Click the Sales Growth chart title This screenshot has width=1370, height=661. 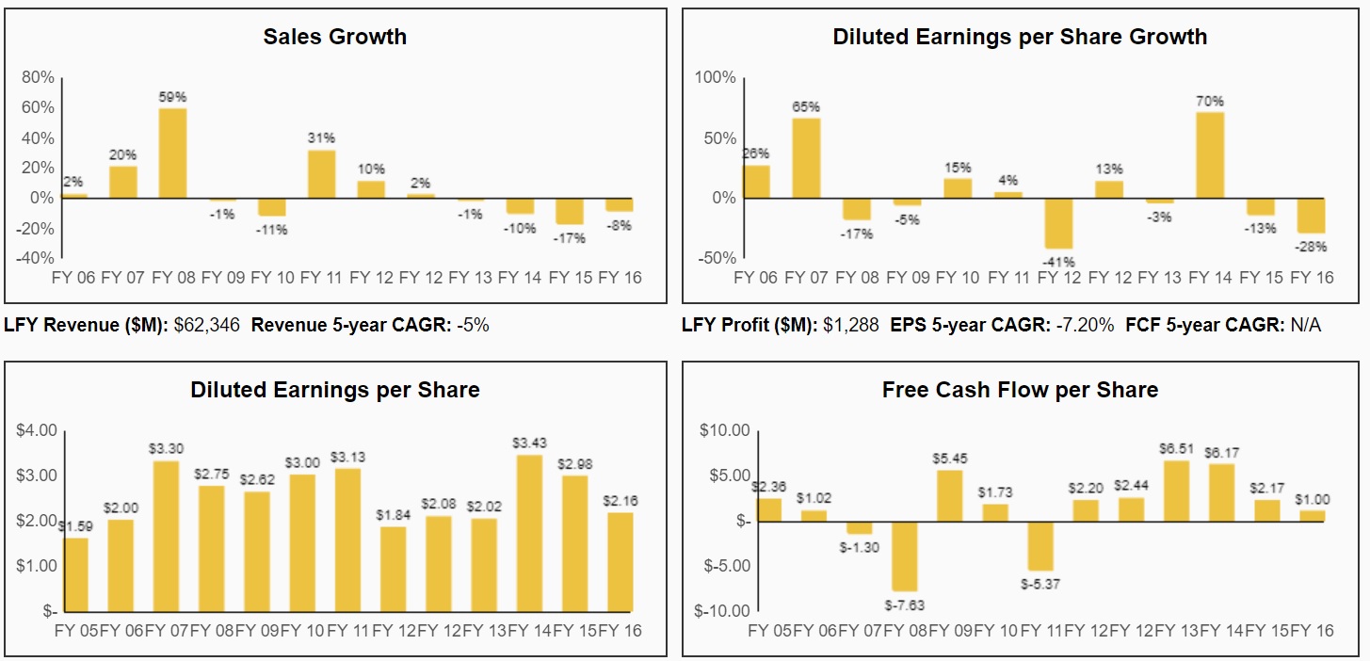tap(334, 37)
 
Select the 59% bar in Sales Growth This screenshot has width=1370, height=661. tap(172, 153)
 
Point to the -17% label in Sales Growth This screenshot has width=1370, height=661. tap(570, 238)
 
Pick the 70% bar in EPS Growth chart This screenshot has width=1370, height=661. tap(1210, 155)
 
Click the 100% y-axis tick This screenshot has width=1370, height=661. tap(715, 77)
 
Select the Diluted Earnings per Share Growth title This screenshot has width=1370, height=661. tap(1020, 37)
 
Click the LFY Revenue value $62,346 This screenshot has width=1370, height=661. tap(207, 326)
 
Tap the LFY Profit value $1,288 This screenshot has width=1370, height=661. tap(850, 326)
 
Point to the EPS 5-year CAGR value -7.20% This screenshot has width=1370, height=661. tap(1084, 326)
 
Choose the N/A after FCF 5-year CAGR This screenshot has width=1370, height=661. tap(1306, 326)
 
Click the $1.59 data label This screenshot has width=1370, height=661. tap(75, 526)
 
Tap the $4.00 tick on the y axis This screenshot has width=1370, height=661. tap(37, 430)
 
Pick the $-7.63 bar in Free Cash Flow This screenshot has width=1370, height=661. tap(905, 556)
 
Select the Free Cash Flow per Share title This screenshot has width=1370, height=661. tap(1020, 390)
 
